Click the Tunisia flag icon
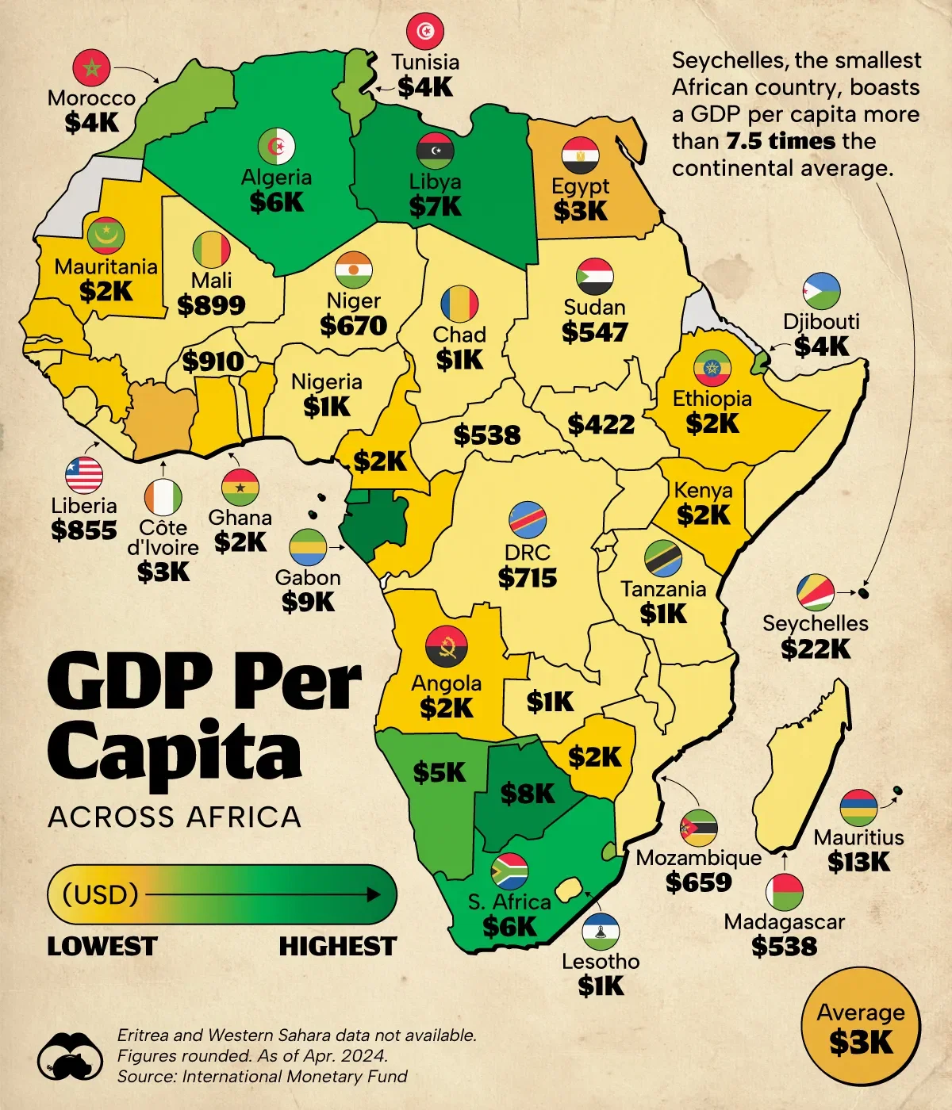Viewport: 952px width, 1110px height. [425, 32]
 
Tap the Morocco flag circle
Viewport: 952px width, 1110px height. [91, 68]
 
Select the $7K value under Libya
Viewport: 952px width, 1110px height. [435, 207]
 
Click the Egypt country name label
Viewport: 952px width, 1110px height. [580, 186]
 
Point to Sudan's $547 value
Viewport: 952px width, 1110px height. [594, 332]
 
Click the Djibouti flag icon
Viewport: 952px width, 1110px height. [821, 291]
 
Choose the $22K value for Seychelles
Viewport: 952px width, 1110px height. [815, 649]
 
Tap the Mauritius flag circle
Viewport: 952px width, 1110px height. [858, 808]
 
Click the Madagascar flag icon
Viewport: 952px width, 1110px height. [784, 892]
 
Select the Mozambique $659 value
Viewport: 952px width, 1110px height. [698, 882]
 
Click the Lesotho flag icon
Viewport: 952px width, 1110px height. [601, 932]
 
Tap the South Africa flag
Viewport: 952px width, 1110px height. [509, 872]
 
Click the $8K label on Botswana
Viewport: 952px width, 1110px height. [528, 794]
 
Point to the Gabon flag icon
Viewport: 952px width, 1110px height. [308, 548]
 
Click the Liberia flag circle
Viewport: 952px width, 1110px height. [84, 476]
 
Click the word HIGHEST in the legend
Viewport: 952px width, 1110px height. [337, 947]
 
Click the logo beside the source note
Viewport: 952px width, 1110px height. [71, 1056]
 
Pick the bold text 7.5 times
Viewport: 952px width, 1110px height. [781, 141]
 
